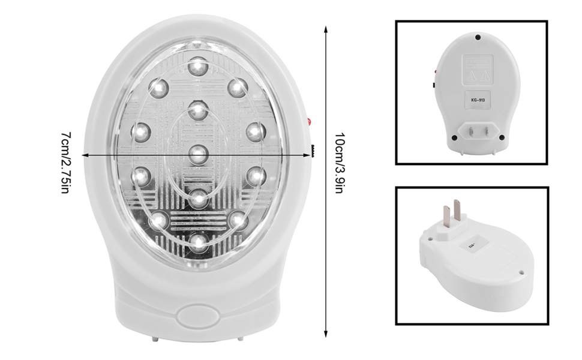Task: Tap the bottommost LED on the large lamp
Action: click(198, 242)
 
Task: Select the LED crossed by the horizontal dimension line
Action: click(198, 154)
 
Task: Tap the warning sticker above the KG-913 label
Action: click(477, 70)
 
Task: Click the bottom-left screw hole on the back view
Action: click(454, 137)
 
